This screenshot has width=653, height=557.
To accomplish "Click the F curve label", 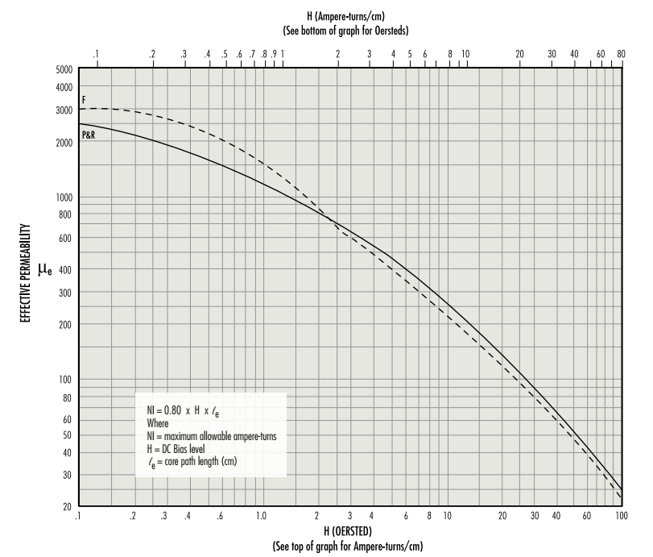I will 84,99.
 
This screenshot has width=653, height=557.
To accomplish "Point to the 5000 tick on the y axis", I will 64,69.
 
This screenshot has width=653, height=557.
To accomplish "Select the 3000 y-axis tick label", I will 64,110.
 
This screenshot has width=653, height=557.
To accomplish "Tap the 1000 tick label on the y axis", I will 64,197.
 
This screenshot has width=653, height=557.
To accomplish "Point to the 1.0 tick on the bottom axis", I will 261,515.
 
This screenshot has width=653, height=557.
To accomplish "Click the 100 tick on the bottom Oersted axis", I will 621,515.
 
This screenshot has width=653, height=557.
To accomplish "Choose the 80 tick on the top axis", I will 621,54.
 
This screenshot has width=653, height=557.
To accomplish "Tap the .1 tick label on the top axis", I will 96,54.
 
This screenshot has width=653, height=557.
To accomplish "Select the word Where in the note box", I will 159,422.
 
